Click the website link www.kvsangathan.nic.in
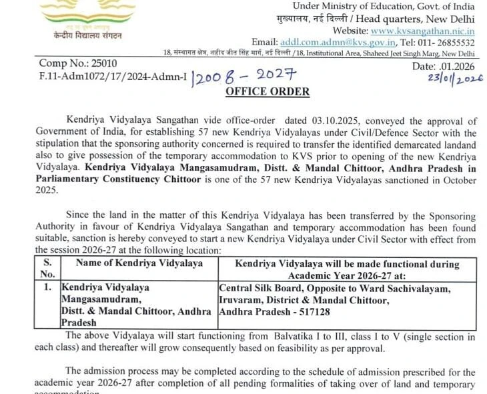(422, 30)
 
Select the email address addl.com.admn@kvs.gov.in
(326, 41)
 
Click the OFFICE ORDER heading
(268, 91)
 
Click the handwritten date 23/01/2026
(446, 79)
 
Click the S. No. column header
(47, 268)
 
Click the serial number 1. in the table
(47, 287)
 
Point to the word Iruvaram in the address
(240, 299)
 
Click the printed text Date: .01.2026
(442, 66)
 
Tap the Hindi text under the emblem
(72, 33)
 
